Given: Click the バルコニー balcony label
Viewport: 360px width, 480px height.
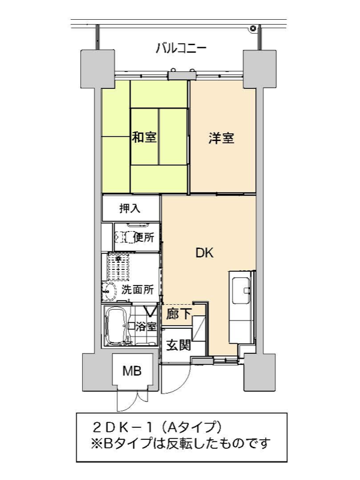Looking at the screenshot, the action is coord(181,49).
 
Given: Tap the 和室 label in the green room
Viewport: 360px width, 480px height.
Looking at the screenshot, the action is coord(144,137).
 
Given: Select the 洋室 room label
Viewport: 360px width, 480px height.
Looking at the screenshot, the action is coord(221,138).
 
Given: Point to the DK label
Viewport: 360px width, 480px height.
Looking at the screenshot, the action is coord(205,253).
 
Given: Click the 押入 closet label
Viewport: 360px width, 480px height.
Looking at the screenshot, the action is coord(130,208).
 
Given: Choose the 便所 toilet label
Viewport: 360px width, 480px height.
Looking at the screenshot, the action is coord(144,237).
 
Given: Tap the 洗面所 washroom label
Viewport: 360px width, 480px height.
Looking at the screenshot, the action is coord(137,289).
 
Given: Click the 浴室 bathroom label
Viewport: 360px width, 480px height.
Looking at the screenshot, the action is coord(146,326).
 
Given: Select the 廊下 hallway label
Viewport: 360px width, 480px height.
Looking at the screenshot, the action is coord(179,313).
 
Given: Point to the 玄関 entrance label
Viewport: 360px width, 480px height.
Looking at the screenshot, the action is coord(178,345).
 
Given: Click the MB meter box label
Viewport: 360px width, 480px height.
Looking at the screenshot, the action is coord(132,371).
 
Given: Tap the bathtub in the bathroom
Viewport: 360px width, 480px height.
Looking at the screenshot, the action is coord(115,326).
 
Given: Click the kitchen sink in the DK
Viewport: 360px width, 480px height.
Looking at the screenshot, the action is coord(242,290).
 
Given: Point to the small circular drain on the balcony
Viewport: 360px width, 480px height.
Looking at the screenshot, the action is coord(253,28).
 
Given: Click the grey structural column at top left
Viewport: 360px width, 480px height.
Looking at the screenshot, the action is coord(97,69).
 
